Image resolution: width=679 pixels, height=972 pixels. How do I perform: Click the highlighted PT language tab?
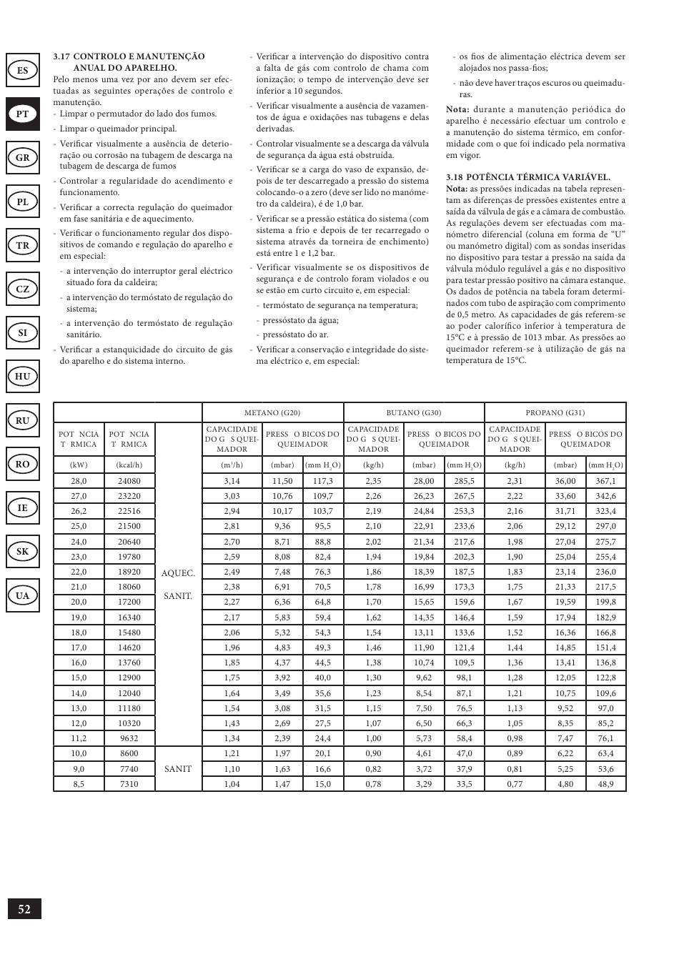coord(23,114)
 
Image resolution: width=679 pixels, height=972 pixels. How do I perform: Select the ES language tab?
coord(23,70)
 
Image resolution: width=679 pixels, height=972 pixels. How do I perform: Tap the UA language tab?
coord(23,595)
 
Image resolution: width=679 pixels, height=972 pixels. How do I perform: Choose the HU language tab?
coord(23,376)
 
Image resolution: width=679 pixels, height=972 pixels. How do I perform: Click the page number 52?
coord(24,909)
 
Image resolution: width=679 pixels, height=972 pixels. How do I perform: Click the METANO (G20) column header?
coord(272,413)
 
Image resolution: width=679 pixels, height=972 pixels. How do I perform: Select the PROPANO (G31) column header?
coord(555,413)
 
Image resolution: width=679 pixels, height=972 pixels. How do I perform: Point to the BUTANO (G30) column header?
coord(414,413)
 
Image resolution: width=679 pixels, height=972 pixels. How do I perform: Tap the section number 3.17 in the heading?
coord(62,56)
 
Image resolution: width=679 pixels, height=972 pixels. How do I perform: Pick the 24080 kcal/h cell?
coord(129,481)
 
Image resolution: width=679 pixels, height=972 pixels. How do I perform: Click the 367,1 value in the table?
coord(605,481)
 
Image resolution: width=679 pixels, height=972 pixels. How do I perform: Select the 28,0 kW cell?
coord(79,481)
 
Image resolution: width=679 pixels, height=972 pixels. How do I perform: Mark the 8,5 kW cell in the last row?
coord(79,784)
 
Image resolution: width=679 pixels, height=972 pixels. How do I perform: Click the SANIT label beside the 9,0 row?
coord(178,769)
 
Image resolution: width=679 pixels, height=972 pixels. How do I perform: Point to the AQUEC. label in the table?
coord(178,573)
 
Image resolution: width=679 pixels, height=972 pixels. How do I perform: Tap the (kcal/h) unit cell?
coord(129,465)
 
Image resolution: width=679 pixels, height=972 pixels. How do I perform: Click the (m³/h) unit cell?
coord(232,465)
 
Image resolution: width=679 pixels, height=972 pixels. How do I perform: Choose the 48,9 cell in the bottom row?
coord(605,784)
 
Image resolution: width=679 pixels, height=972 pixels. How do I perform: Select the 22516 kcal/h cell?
coord(129,511)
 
